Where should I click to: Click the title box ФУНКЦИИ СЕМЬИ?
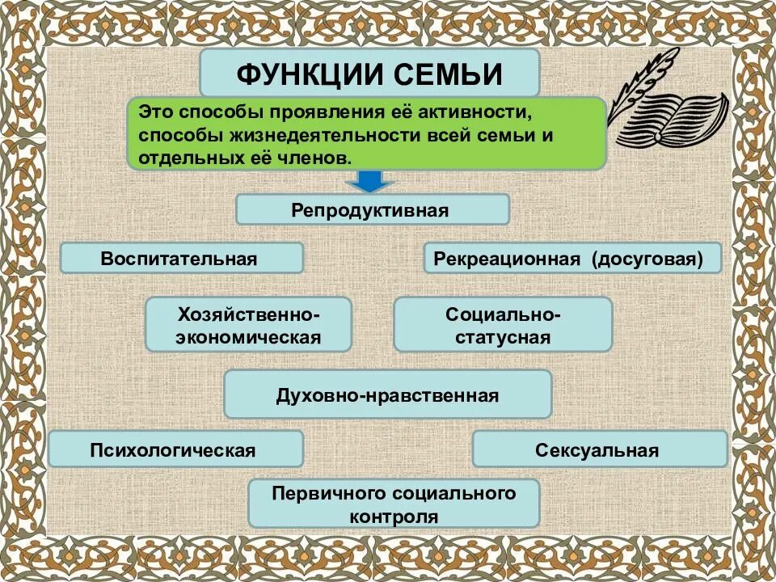tap(369, 73)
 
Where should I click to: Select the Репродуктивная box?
tap(372, 209)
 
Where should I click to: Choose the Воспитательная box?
tap(181, 258)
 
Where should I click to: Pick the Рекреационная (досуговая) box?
tap(572, 258)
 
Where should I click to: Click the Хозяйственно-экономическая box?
tap(248, 324)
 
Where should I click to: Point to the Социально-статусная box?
tap(503, 324)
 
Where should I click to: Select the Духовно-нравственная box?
tap(387, 394)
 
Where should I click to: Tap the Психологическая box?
tap(175, 449)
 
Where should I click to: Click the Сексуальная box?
tap(599, 449)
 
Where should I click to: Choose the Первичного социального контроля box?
tap(394, 504)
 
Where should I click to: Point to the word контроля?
tap(394, 516)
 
